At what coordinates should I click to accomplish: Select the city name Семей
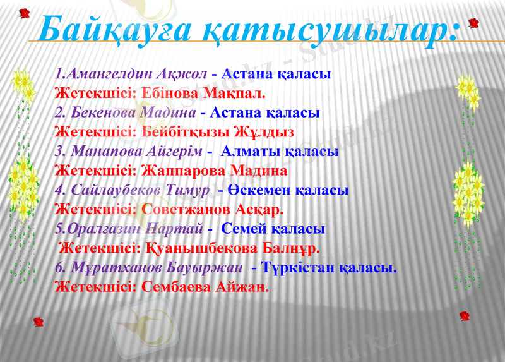[x=242, y=229]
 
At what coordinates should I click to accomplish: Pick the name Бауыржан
[x=205, y=267]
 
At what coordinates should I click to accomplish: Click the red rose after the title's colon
[x=473, y=23]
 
